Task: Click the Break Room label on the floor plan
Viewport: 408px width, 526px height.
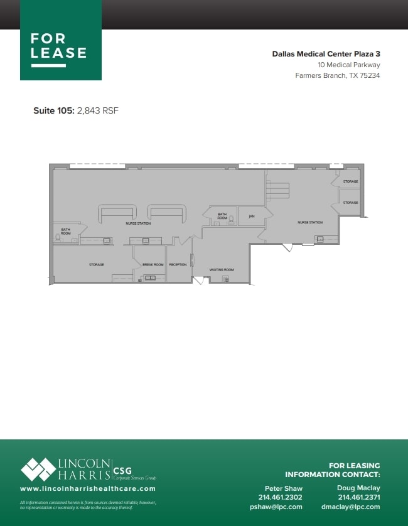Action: tap(153, 265)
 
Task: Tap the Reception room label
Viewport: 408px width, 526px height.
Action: tap(178, 265)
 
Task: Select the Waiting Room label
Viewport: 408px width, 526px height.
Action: tap(222, 269)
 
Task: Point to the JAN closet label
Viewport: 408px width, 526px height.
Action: tap(251, 217)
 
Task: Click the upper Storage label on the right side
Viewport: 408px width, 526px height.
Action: tap(350, 182)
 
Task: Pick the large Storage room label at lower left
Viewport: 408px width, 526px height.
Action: tap(96, 265)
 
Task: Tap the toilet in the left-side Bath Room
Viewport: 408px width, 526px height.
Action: tap(58, 237)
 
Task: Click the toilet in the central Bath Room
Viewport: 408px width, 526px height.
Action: tap(231, 219)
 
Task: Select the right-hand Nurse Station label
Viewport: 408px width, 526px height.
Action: tap(309, 222)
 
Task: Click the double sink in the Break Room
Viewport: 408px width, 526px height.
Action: tap(150, 277)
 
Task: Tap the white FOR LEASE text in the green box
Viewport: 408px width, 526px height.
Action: tap(59, 46)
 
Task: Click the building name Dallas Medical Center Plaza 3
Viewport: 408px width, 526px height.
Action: tap(326, 54)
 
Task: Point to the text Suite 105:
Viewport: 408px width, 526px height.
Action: tap(54, 110)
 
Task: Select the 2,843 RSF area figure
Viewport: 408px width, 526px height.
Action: tap(97, 110)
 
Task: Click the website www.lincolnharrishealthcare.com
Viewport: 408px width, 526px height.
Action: tap(88, 488)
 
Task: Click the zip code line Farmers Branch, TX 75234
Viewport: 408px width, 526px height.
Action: tap(338, 75)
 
